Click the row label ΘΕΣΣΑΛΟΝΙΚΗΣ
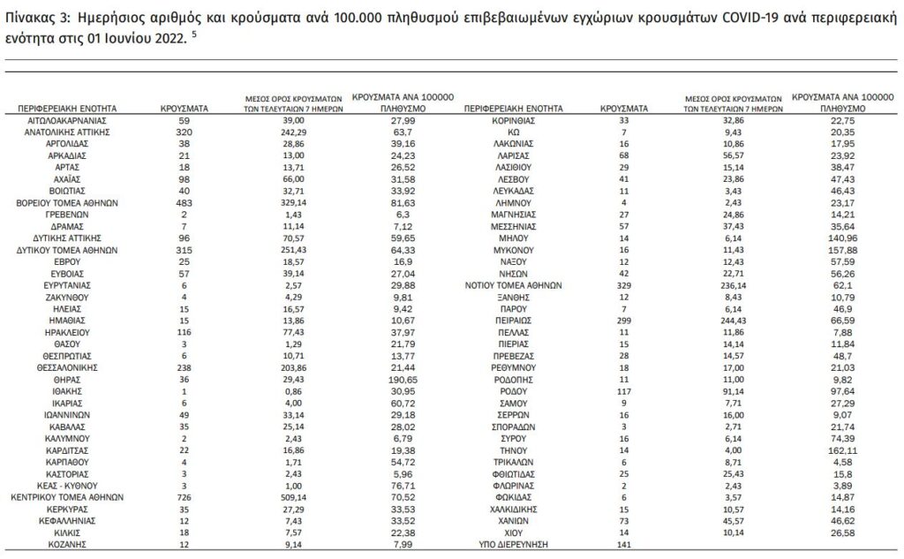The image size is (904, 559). [68, 365]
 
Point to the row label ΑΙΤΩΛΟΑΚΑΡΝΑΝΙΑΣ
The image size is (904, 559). [68, 117]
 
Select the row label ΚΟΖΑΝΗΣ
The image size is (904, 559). [68, 545]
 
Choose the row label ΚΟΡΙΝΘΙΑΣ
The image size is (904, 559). [517, 117]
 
